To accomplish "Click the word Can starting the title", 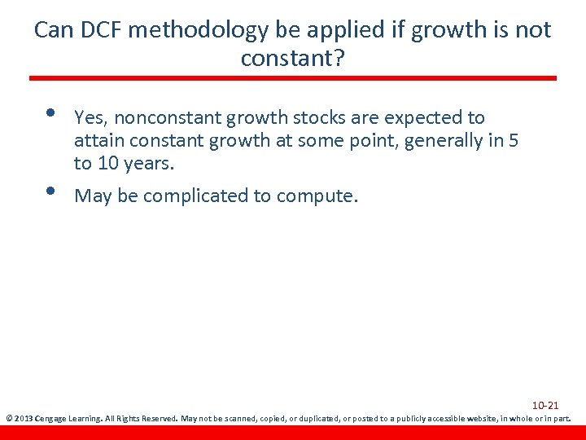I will (53, 30).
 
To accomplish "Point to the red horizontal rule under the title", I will (293, 78).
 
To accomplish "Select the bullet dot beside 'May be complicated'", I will (50, 190).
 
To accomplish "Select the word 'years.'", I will (151, 163).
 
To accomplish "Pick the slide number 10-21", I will (544, 405).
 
